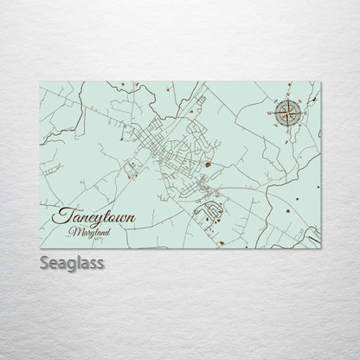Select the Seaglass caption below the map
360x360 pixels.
(x=70, y=262)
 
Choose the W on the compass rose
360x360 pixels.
(x=273, y=112)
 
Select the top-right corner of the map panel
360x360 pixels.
(x=321, y=75)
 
